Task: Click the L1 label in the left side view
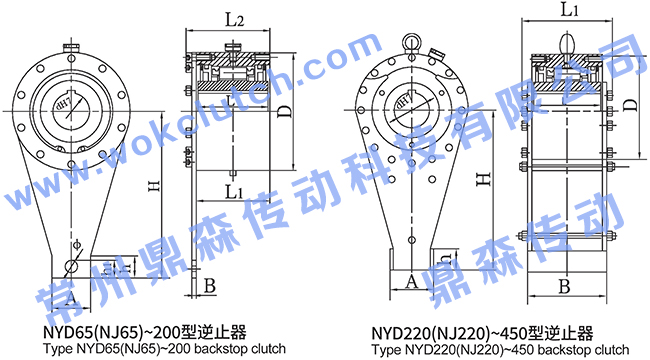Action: click(x=234, y=189)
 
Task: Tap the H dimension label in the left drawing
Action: click(x=151, y=186)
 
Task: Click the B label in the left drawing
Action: click(x=209, y=287)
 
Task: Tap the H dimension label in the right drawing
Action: click(x=482, y=179)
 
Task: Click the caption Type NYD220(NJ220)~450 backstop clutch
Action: click(x=507, y=350)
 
